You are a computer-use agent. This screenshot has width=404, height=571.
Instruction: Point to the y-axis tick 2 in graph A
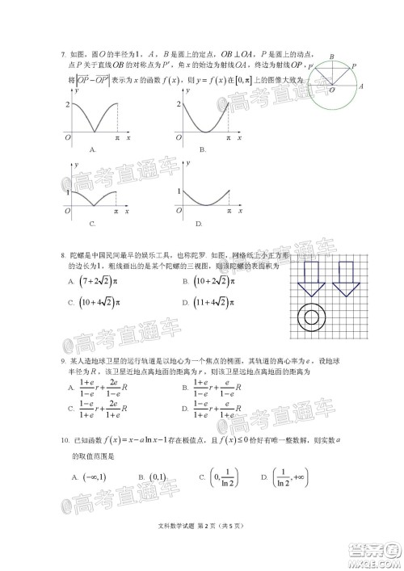coord(67,105)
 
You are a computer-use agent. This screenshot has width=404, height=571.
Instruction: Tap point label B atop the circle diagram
coord(331,56)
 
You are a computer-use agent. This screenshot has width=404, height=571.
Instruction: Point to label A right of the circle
coord(360,85)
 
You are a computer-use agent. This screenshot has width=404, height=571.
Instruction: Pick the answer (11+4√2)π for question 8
coord(214,303)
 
